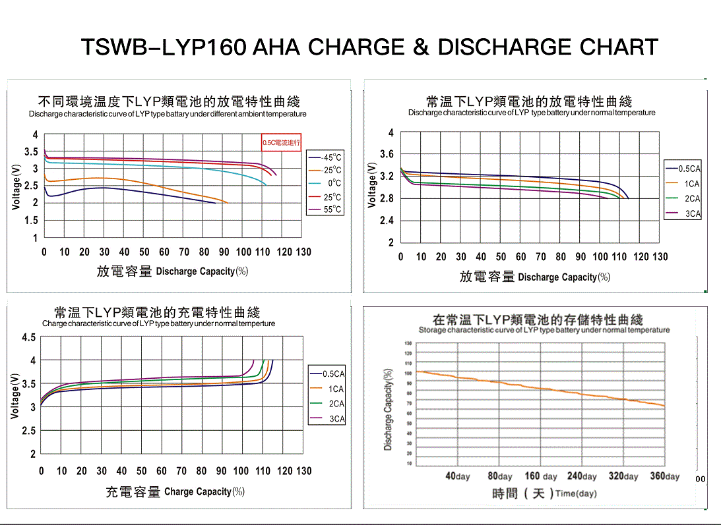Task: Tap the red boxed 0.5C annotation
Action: [x=282, y=142]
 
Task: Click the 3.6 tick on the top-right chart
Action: [x=387, y=154]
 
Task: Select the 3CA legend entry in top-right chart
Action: [x=691, y=213]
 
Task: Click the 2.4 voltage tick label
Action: [x=387, y=221]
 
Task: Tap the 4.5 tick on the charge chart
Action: [x=29, y=338]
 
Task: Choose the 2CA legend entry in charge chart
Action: [x=336, y=404]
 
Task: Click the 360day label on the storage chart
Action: [x=664, y=476]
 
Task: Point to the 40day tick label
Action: [x=458, y=476]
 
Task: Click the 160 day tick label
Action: [x=541, y=476]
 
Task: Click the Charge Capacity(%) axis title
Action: [x=204, y=491]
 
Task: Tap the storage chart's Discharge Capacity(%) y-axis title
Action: [x=388, y=408]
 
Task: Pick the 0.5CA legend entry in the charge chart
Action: [x=333, y=374]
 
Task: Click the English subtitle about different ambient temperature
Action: [x=168, y=114]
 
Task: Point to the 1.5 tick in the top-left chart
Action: [x=31, y=221]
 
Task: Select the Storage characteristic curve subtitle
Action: [x=544, y=330]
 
